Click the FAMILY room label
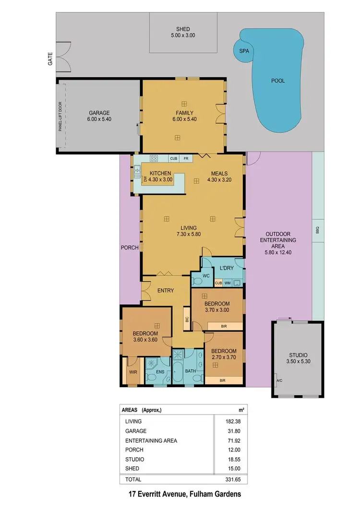pyautogui.click(x=184, y=116)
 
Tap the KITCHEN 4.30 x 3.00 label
pyautogui.click(x=160, y=176)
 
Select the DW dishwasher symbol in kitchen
pyautogui.click(x=145, y=179)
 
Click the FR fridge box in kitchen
pyautogui.click(x=185, y=158)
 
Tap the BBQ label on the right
pyautogui.click(x=317, y=230)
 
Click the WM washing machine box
pyautogui.click(x=227, y=284)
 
